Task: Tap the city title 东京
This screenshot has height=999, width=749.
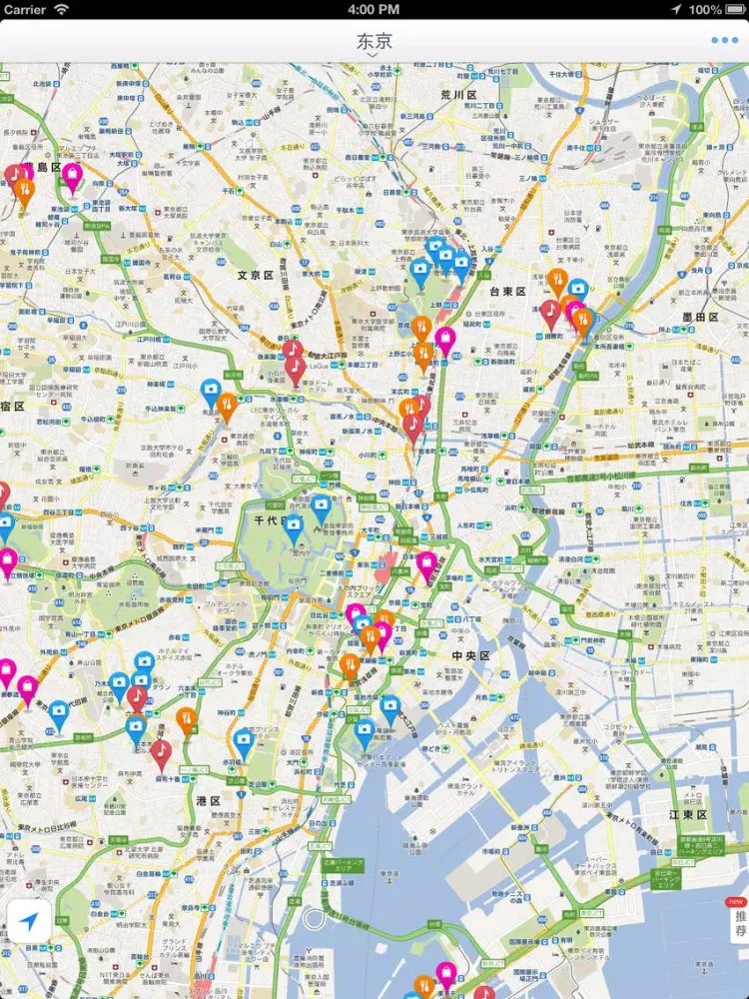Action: point(374,41)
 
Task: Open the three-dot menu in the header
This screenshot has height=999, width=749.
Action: point(725,41)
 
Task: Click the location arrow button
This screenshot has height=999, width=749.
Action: point(29,921)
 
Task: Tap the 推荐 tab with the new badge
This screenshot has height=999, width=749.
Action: point(739,919)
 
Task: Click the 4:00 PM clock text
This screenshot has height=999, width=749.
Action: point(374,9)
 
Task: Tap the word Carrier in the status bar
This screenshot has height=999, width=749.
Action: point(25,9)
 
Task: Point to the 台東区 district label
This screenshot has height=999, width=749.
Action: point(507,292)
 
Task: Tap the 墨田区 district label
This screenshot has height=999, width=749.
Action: point(700,317)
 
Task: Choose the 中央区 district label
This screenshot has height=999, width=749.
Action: point(470,656)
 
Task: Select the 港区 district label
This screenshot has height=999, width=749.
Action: point(209,800)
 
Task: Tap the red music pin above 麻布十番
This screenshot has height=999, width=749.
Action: point(161,750)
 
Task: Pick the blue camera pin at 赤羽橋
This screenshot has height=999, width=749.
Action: point(244,741)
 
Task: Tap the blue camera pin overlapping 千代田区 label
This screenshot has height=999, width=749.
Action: point(294,526)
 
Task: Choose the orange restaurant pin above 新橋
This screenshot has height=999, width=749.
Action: point(350,663)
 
